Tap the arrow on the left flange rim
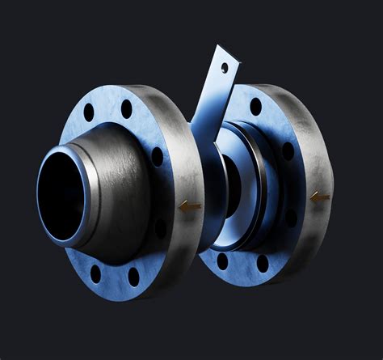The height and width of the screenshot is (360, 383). point(190,206)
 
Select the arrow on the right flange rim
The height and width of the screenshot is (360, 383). point(320,196)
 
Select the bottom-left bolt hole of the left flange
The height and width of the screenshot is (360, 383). point(95,273)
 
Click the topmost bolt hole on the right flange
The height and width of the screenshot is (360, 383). point(255,106)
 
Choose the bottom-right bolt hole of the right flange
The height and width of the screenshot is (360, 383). point(261,262)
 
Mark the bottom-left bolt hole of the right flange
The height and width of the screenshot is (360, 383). point(222,260)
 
